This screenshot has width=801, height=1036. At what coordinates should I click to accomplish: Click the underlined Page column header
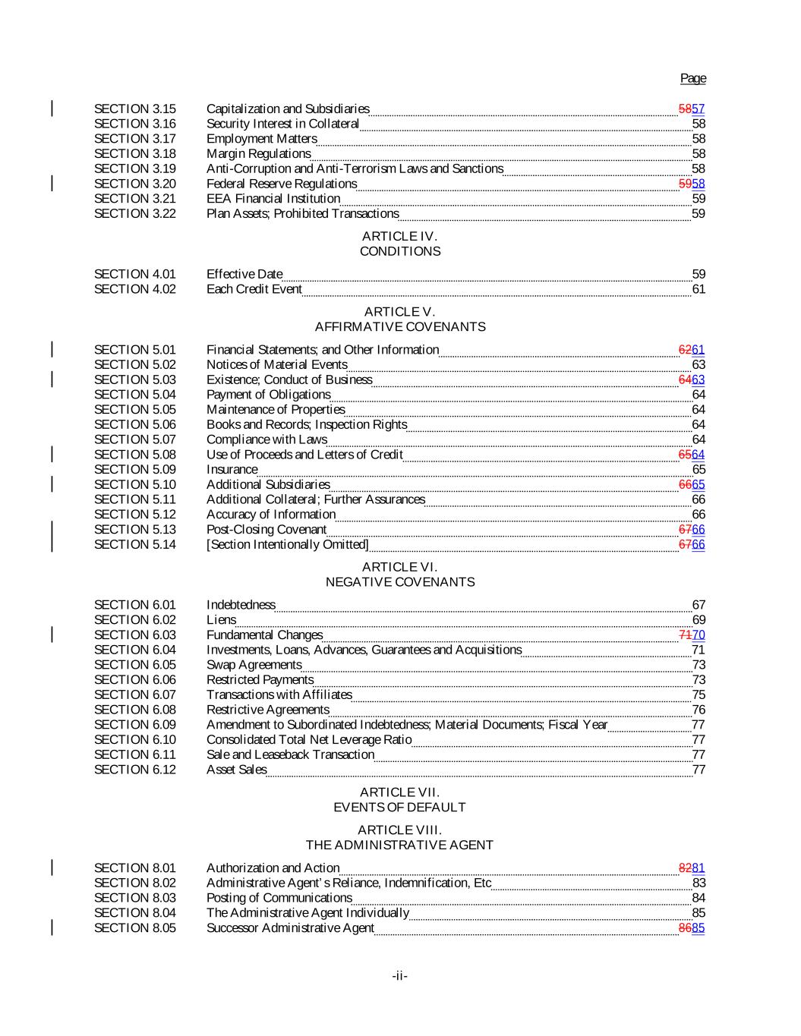pyautogui.click(x=692, y=78)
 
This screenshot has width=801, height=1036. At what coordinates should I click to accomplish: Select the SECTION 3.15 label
pyautogui.click(x=134, y=109)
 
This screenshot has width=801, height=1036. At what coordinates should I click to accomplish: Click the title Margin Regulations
pyautogui.click(x=258, y=153)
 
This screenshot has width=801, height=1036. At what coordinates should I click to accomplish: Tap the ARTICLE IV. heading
pyautogui.click(x=399, y=236)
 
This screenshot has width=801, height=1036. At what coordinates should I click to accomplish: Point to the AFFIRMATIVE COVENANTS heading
pyautogui.click(x=399, y=327)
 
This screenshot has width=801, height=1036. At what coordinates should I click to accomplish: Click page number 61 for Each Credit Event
pyautogui.click(x=699, y=289)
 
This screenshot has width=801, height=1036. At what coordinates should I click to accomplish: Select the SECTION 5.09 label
pyautogui.click(x=134, y=469)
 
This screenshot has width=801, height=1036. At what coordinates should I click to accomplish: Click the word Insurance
pyautogui.click(x=232, y=469)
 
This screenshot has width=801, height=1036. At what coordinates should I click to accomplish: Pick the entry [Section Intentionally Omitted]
pyautogui.click(x=287, y=544)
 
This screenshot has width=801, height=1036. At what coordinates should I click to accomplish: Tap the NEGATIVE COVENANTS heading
pyautogui.click(x=399, y=582)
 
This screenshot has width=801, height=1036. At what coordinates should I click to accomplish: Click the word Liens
pyautogui.click(x=221, y=619)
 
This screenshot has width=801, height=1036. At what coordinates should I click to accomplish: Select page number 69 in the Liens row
pyautogui.click(x=699, y=619)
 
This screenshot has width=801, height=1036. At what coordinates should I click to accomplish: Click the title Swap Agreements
pyautogui.click(x=254, y=665)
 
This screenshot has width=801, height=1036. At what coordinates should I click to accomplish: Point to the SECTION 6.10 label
pyautogui.click(x=134, y=739)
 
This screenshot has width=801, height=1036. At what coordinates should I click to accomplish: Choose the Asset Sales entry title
pyautogui.click(x=236, y=770)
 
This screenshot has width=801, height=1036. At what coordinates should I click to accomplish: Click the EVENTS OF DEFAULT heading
pyautogui.click(x=399, y=808)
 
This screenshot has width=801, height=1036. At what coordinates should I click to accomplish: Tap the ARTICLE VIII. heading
pyautogui.click(x=399, y=830)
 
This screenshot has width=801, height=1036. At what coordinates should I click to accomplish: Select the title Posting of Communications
pyautogui.click(x=279, y=898)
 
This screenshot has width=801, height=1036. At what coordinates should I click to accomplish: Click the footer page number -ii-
pyautogui.click(x=399, y=976)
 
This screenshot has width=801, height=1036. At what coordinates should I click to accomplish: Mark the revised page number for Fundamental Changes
pyautogui.click(x=699, y=635)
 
